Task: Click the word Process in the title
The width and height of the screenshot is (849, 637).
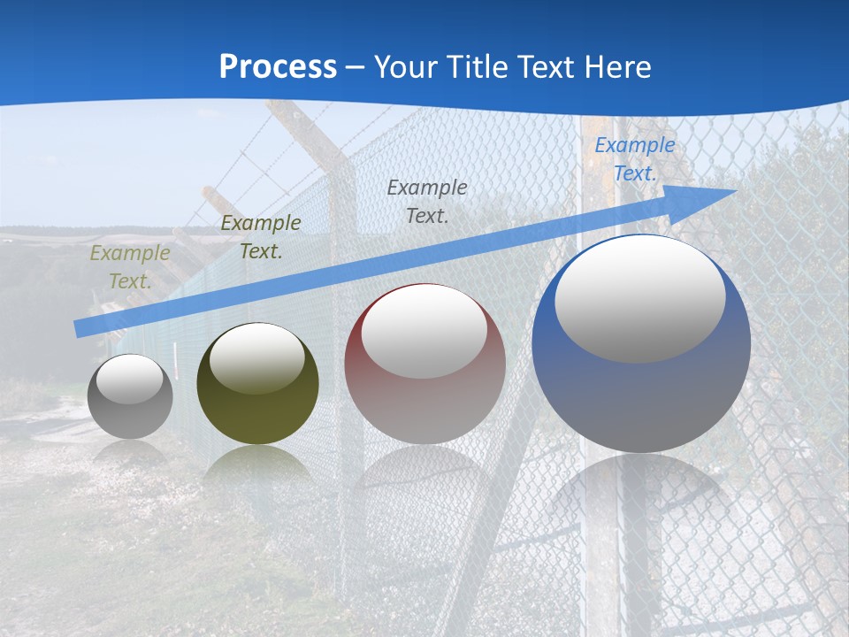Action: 278,67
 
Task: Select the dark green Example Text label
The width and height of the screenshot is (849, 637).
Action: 261,237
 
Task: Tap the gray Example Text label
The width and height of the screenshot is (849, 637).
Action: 427,201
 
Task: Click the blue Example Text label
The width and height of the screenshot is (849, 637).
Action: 635,159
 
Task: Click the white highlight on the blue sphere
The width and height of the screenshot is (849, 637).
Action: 639,296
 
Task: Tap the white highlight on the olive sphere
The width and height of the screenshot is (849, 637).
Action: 257,357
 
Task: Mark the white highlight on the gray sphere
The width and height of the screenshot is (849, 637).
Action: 130,379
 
